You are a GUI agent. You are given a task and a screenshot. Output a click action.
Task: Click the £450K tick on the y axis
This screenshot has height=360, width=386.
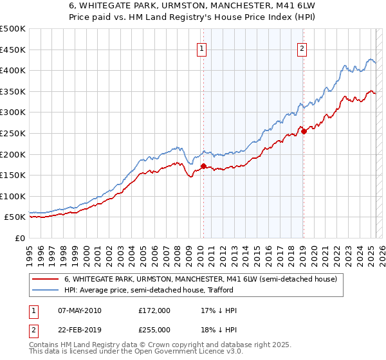click(13, 50)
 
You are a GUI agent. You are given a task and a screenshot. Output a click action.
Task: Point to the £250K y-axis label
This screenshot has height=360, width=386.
click(13, 133)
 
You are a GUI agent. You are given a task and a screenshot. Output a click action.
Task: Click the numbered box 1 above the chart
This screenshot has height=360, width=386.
click(202, 47)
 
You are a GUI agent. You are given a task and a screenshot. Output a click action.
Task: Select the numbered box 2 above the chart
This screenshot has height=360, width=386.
click(302, 47)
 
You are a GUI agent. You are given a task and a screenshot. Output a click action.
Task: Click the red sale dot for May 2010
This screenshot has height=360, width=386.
click(203, 166)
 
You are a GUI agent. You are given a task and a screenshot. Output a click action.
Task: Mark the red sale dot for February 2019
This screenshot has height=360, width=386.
click(304, 131)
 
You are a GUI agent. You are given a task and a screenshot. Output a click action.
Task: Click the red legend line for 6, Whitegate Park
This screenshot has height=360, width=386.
click(44, 280)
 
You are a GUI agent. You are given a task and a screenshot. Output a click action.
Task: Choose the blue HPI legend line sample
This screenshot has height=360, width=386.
click(44, 290)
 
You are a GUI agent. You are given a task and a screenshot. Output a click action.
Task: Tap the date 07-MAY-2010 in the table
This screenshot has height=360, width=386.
click(79, 310)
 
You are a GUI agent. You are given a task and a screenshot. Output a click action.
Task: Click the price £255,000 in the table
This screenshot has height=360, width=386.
click(154, 329)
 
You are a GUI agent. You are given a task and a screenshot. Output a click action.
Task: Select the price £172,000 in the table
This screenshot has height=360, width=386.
click(154, 310)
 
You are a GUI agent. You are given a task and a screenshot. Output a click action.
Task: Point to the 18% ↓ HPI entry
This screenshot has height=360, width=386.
click(219, 329)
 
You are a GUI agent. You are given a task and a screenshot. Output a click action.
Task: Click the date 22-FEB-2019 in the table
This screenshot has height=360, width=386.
click(79, 329)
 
